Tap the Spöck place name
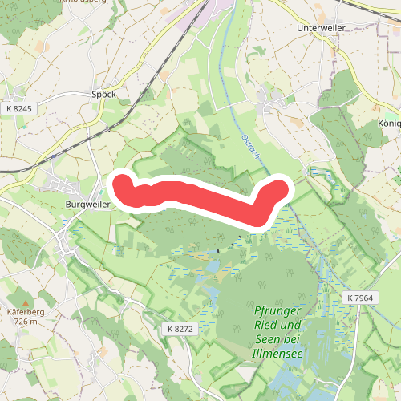click(x=104, y=94)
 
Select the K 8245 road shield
click(x=18, y=108)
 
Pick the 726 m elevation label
click(x=26, y=321)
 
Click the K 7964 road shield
click(x=361, y=298)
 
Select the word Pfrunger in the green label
click(x=277, y=311)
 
